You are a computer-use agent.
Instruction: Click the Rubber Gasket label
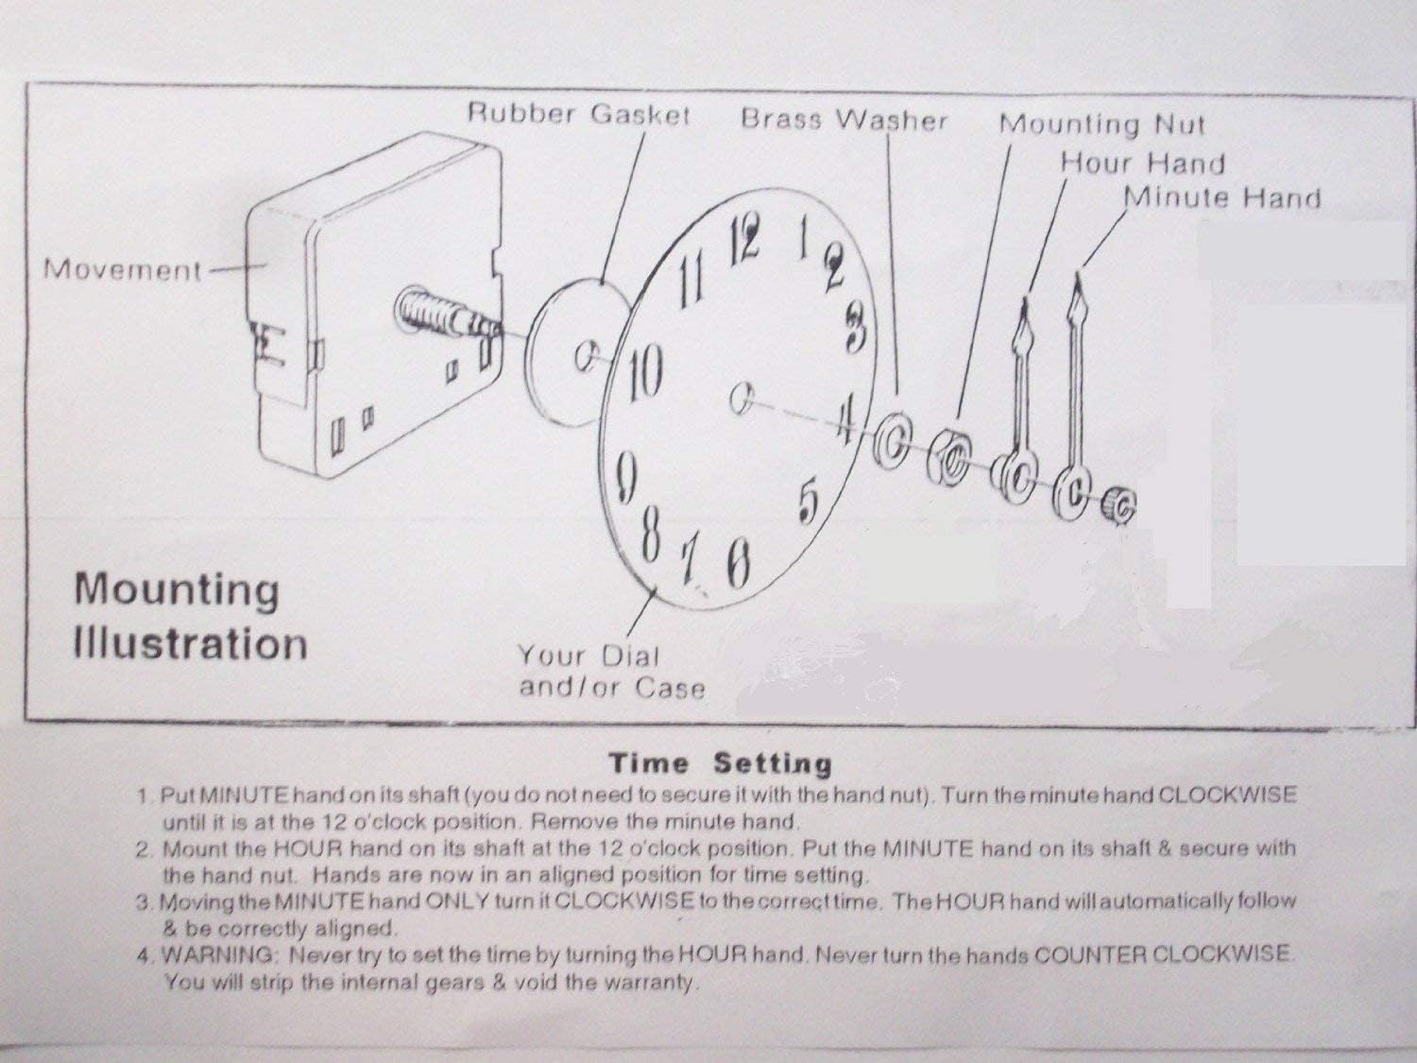tap(578, 115)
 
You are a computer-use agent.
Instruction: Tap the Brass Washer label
tap(843, 120)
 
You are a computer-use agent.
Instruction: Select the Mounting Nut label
tap(1101, 124)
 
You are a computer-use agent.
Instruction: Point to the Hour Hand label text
tap(1141, 163)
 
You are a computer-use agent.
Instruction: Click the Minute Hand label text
tap(1221, 197)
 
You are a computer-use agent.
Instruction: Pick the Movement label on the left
tap(122, 270)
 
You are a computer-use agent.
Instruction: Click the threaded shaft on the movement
tap(444, 316)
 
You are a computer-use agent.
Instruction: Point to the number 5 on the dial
tap(808, 501)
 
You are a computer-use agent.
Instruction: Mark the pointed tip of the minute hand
tap(1077, 278)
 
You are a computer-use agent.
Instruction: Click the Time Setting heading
tap(720, 763)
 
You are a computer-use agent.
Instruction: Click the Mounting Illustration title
tap(190, 616)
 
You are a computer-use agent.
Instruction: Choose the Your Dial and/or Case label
tap(610, 671)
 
